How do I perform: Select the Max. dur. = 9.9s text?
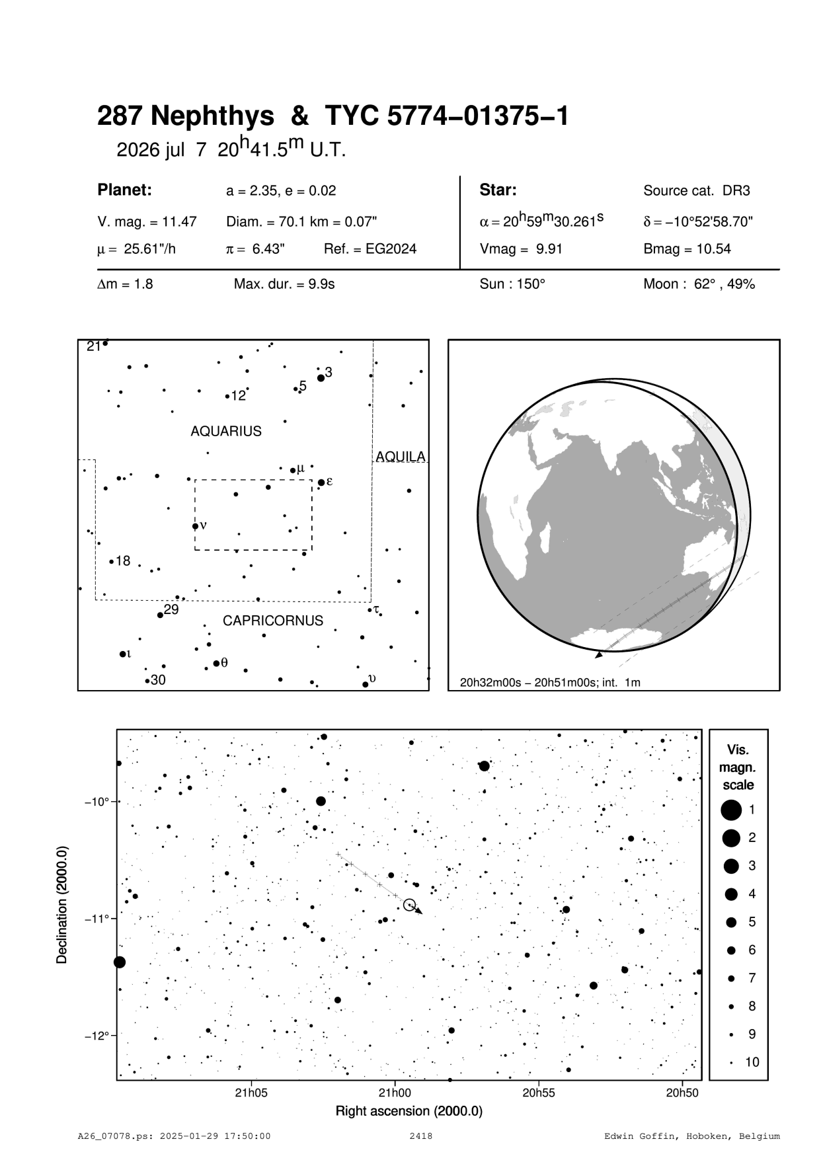(284, 284)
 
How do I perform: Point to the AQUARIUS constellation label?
(226, 432)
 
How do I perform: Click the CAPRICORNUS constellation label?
(273, 621)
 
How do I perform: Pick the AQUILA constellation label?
(401, 457)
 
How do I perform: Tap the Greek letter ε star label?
(329, 481)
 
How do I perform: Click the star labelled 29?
(160, 615)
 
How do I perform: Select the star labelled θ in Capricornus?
(216, 663)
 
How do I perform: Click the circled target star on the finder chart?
(409, 904)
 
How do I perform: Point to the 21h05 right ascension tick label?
(251, 1093)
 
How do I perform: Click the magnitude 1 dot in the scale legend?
(731, 810)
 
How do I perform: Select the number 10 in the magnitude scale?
(752, 1063)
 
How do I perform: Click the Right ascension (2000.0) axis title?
(409, 1111)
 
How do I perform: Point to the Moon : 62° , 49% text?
(699, 284)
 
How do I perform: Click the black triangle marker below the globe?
(598, 655)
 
